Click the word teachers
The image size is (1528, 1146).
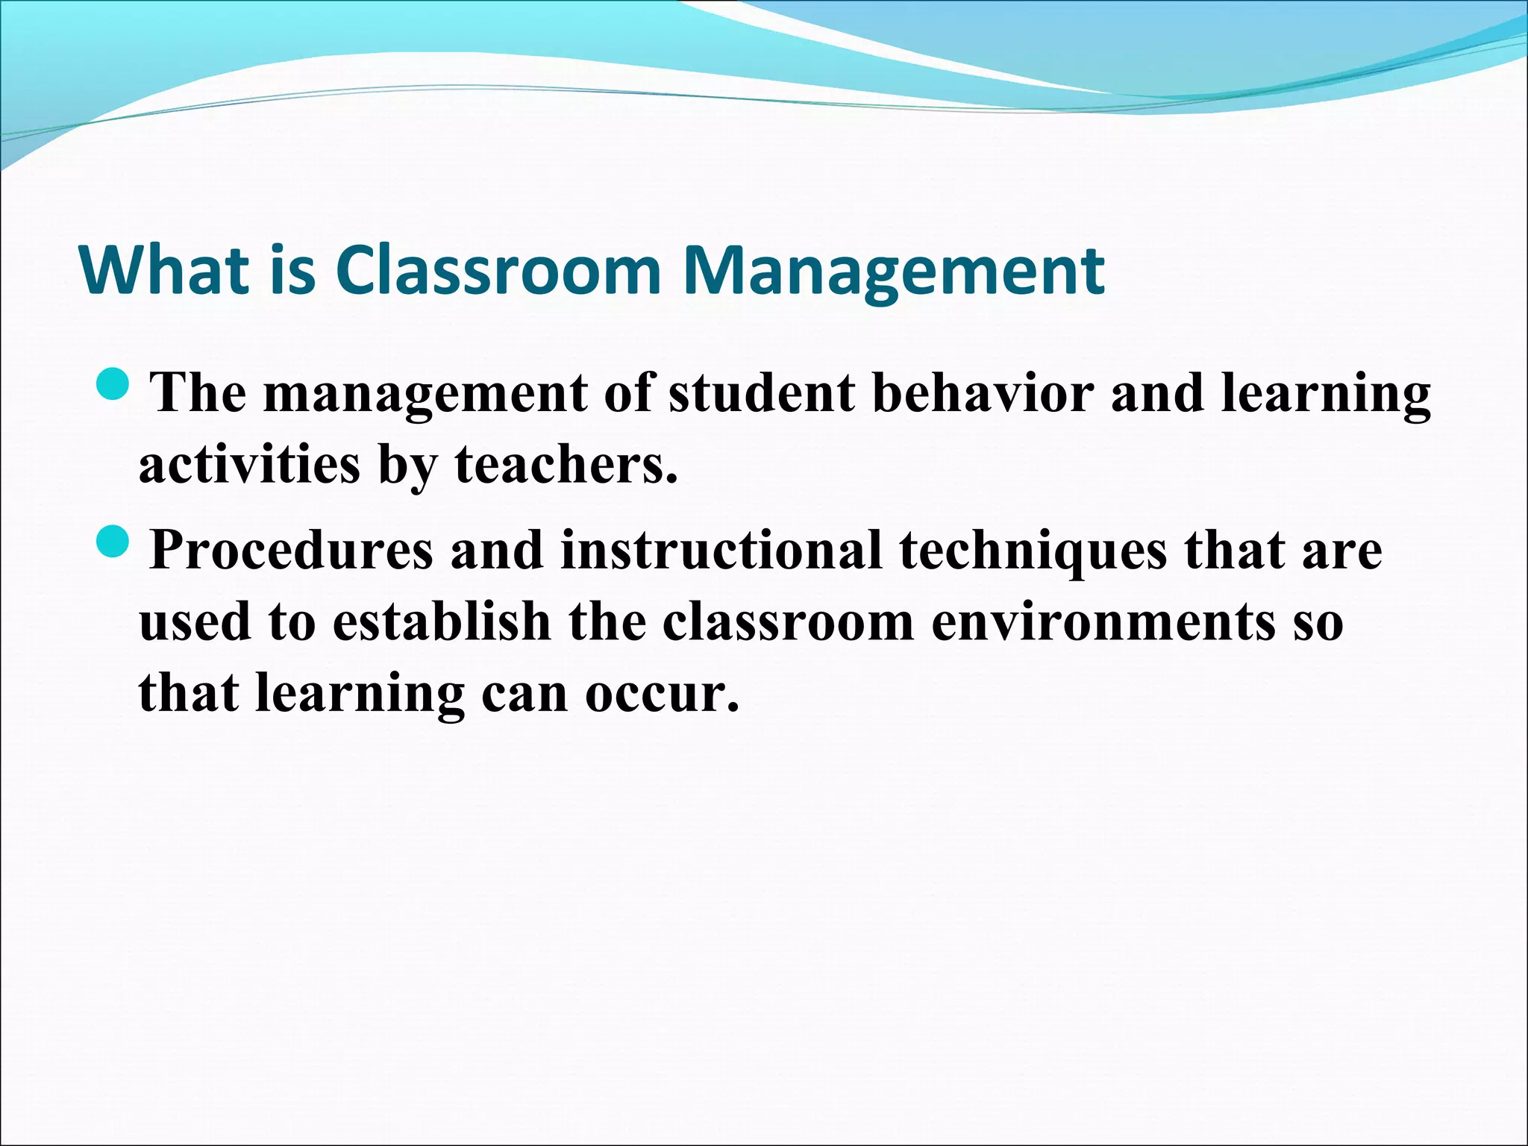pyautogui.click(x=566, y=464)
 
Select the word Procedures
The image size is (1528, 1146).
pyautogui.click(x=291, y=551)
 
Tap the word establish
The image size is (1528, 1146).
pyautogui.click(x=441, y=621)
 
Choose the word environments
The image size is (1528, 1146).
pyautogui.click(x=1103, y=621)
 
